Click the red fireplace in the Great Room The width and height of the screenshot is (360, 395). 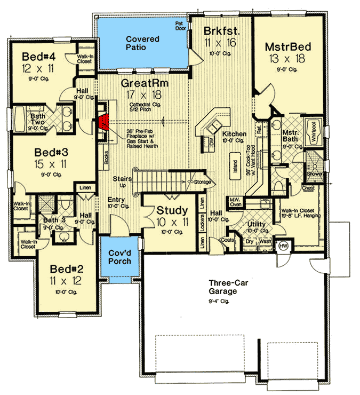[x=103, y=123]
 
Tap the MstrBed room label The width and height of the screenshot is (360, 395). [x=288, y=47]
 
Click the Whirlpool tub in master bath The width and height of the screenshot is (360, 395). [x=313, y=131]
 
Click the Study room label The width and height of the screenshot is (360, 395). [x=172, y=210]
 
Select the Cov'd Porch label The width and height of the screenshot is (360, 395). [x=117, y=258]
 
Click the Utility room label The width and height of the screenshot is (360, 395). [x=257, y=224]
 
